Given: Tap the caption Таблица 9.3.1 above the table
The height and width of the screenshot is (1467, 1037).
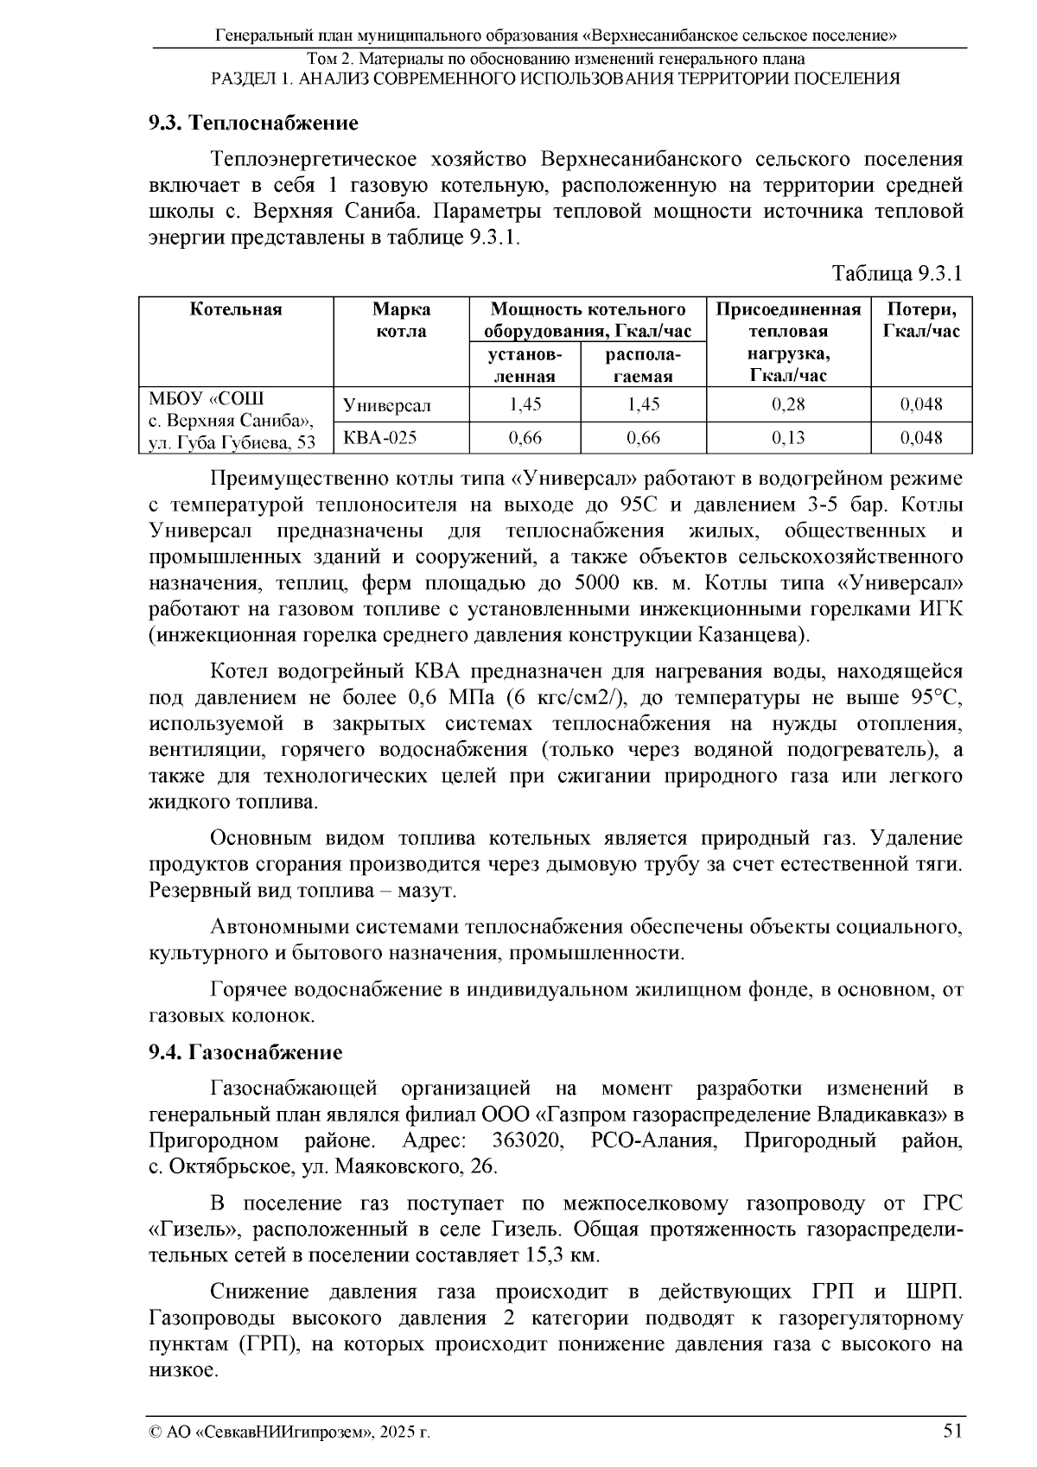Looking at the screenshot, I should pos(896,274).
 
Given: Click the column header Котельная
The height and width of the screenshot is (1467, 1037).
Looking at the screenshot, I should pos(236,309).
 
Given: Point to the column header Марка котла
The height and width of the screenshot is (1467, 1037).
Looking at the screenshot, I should pos(401,321).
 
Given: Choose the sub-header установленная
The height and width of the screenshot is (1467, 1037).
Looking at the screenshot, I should pos(524,365).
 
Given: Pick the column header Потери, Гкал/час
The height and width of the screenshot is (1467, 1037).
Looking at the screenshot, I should pos(921,321).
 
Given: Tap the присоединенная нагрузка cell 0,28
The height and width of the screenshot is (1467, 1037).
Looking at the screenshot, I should pos(788,404).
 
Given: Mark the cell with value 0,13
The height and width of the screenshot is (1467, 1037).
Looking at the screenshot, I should pos(788,438).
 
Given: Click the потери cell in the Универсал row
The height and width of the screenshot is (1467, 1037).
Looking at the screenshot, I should pos(921,404).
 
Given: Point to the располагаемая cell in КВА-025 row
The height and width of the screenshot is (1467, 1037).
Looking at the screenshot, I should pos(643,438).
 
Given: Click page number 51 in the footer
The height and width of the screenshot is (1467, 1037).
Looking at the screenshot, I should pos(952,1430).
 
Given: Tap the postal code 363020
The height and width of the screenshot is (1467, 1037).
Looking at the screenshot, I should pos(527,1141).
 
